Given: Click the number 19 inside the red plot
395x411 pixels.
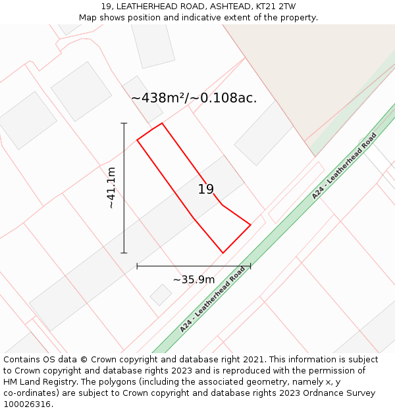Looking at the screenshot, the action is tap(206, 189).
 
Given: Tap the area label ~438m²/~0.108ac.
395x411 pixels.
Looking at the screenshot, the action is tap(194, 98).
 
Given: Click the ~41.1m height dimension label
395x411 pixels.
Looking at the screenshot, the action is tap(111, 188).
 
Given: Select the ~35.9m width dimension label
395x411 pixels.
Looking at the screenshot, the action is tap(194, 279).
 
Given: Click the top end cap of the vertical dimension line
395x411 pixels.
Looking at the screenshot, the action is tap(124, 123).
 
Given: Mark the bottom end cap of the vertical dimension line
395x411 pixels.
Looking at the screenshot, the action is tap(124, 253).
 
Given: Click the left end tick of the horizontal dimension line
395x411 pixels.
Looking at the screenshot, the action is tap(137, 266).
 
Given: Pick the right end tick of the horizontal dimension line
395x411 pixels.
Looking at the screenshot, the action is tap(250, 266).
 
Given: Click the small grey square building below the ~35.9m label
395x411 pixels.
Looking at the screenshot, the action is tap(161, 295).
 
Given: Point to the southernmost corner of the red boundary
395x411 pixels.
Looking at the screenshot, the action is tap(223, 253).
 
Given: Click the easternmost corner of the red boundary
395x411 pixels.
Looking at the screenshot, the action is tap(250, 225).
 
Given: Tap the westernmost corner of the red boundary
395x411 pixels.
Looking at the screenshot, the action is tap(137, 139).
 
